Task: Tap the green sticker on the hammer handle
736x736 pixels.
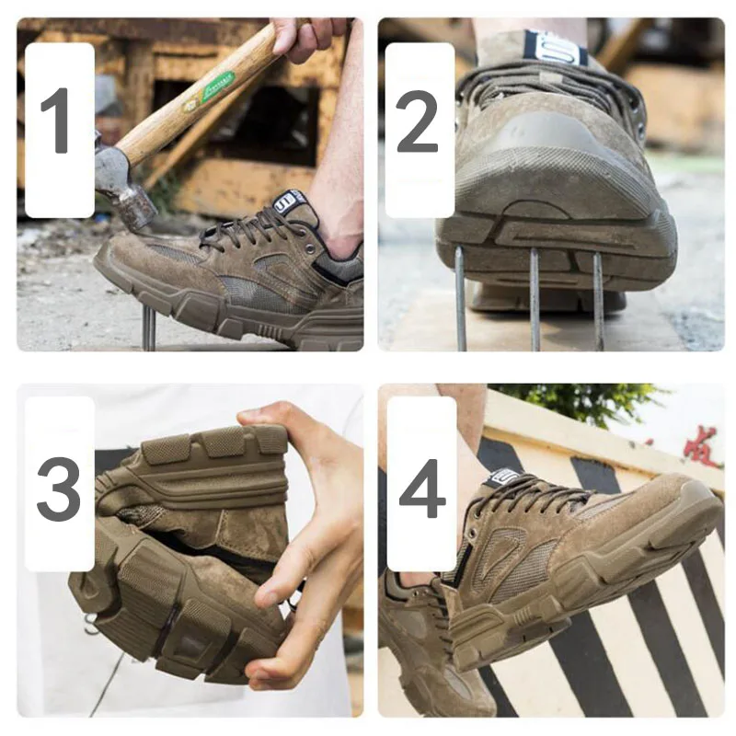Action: (x=217, y=86)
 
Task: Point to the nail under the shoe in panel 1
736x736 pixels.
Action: (x=148, y=328)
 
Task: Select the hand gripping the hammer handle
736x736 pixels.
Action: (x=308, y=37)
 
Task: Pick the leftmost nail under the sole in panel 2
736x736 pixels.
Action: (x=460, y=299)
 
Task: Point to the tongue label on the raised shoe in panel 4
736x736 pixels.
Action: (x=503, y=477)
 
